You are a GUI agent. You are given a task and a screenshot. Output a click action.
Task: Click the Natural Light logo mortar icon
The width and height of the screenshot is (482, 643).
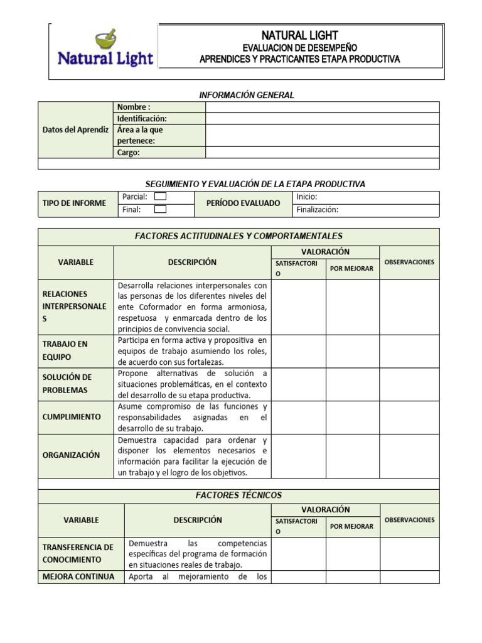point(105,40)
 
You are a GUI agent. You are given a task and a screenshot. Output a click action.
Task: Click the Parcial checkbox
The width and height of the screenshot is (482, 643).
point(160,197)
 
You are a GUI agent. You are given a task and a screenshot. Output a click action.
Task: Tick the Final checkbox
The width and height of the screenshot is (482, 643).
point(160,210)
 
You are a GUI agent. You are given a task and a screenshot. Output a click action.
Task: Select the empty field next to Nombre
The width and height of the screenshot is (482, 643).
point(322,107)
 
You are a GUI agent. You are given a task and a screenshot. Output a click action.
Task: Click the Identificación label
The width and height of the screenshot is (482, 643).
point(142,118)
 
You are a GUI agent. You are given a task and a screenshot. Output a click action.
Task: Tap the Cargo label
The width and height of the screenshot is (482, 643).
point(129,152)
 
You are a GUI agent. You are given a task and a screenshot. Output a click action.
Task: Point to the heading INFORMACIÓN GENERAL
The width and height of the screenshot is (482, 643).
point(247,95)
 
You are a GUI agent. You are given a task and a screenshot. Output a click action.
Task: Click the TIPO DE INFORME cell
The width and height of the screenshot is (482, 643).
point(74,203)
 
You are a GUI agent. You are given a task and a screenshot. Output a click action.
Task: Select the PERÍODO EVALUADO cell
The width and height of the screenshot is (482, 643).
point(244,203)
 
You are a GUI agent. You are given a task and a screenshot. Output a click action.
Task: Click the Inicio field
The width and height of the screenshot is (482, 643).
point(367,197)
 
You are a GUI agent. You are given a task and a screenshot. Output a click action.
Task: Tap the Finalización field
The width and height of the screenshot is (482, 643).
point(367,210)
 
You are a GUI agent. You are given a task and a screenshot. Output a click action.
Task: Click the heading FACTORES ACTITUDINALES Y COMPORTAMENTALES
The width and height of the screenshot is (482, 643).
point(238,236)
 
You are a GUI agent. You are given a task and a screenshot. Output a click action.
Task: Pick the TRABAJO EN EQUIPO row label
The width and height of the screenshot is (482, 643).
point(65,350)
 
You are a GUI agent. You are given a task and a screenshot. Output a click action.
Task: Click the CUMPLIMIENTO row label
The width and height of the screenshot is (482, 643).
point(72,417)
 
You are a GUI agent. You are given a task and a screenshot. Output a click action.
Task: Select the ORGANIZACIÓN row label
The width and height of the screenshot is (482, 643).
point(71,455)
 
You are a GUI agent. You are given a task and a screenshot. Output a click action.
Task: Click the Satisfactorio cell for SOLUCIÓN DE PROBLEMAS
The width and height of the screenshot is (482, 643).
point(298,384)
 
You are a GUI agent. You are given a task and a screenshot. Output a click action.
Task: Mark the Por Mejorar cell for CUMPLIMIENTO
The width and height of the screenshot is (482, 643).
point(352,417)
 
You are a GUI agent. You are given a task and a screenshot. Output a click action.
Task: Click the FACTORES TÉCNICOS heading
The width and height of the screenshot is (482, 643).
point(238,495)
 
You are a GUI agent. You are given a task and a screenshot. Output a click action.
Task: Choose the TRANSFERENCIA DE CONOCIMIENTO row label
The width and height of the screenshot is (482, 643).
point(78,553)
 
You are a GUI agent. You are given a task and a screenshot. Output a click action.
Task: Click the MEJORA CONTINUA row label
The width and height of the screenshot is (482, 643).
point(78,576)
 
